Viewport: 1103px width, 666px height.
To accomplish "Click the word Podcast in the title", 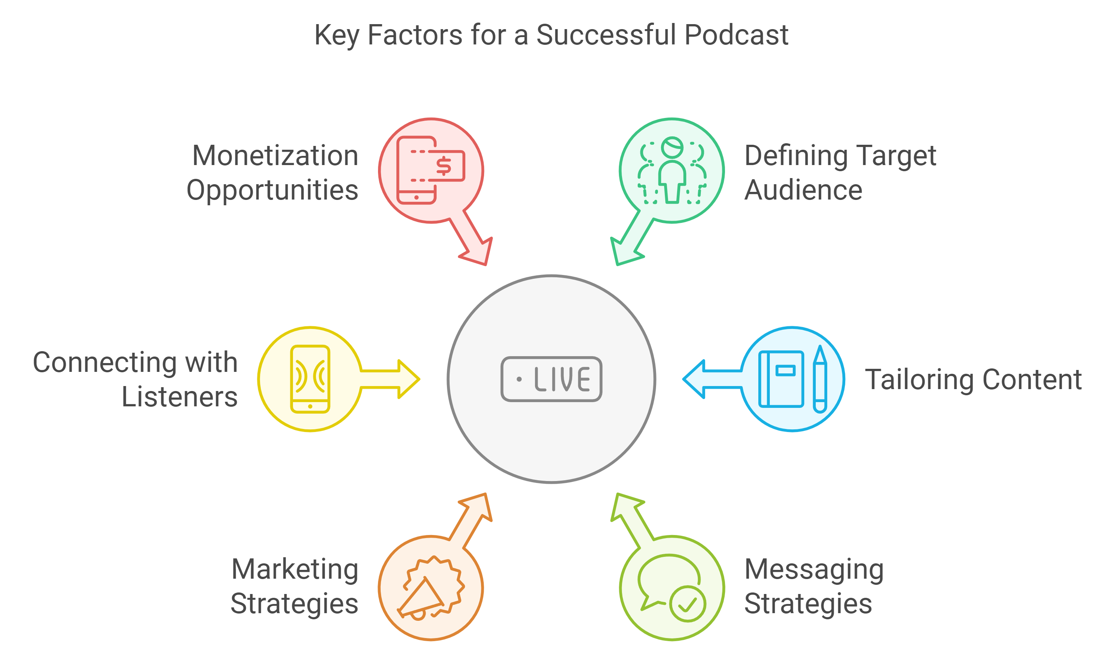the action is point(736,35).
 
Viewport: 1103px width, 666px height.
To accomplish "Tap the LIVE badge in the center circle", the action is point(551,379).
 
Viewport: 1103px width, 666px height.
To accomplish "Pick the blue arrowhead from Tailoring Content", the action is point(695,379).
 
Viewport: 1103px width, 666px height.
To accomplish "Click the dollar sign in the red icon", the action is point(443,166).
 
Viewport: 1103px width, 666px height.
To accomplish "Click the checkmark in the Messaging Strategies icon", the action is point(687,604).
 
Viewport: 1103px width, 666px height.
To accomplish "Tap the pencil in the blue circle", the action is point(820,379).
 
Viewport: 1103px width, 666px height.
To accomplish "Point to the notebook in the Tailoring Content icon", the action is point(781,379).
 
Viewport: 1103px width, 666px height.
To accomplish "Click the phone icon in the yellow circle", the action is point(310,379).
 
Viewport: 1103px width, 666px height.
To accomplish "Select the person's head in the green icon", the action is point(673,147).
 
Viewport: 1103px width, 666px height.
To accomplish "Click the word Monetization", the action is point(275,156).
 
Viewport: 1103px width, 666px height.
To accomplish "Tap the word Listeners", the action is point(180,397).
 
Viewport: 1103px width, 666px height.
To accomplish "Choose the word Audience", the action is point(804,190).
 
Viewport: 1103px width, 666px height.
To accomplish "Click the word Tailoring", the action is point(920,380).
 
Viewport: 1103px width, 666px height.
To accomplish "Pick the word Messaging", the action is point(814,570).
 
